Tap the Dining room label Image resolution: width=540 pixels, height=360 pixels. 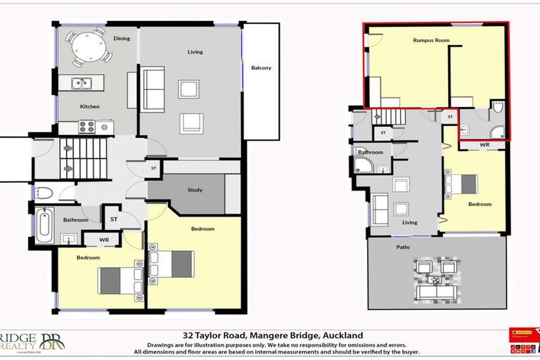[x=122, y=39]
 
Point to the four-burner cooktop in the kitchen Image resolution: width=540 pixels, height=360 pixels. [x=86, y=127]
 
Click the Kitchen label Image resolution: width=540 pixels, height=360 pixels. [x=89, y=107]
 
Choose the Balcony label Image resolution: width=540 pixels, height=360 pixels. [x=261, y=68]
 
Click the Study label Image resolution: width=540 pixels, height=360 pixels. [x=195, y=190]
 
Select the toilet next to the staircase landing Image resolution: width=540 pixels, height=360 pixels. [x=44, y=194]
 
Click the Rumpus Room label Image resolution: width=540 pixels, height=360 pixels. [x=431, y=41]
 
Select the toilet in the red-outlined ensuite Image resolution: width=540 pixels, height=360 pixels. [x=498, y=108]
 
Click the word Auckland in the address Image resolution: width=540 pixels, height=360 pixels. [x=344, y=335]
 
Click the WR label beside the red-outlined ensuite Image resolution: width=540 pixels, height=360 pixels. [x=484, y=144]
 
